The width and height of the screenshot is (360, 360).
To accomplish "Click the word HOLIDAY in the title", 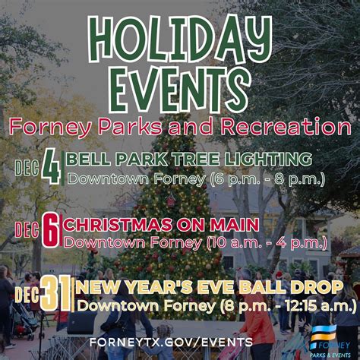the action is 180,39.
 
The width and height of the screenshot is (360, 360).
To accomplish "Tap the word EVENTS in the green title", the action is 179,89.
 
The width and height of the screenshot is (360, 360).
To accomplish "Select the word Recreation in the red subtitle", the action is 286,126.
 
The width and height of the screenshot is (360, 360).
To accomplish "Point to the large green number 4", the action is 51,166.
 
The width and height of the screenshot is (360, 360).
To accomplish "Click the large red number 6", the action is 51,230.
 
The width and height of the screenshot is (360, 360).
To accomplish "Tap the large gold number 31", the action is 57,294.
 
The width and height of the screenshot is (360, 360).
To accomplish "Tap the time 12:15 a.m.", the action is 320,306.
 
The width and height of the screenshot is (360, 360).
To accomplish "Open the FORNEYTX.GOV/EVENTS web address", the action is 171,342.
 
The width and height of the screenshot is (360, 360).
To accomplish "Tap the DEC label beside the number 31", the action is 27,294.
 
